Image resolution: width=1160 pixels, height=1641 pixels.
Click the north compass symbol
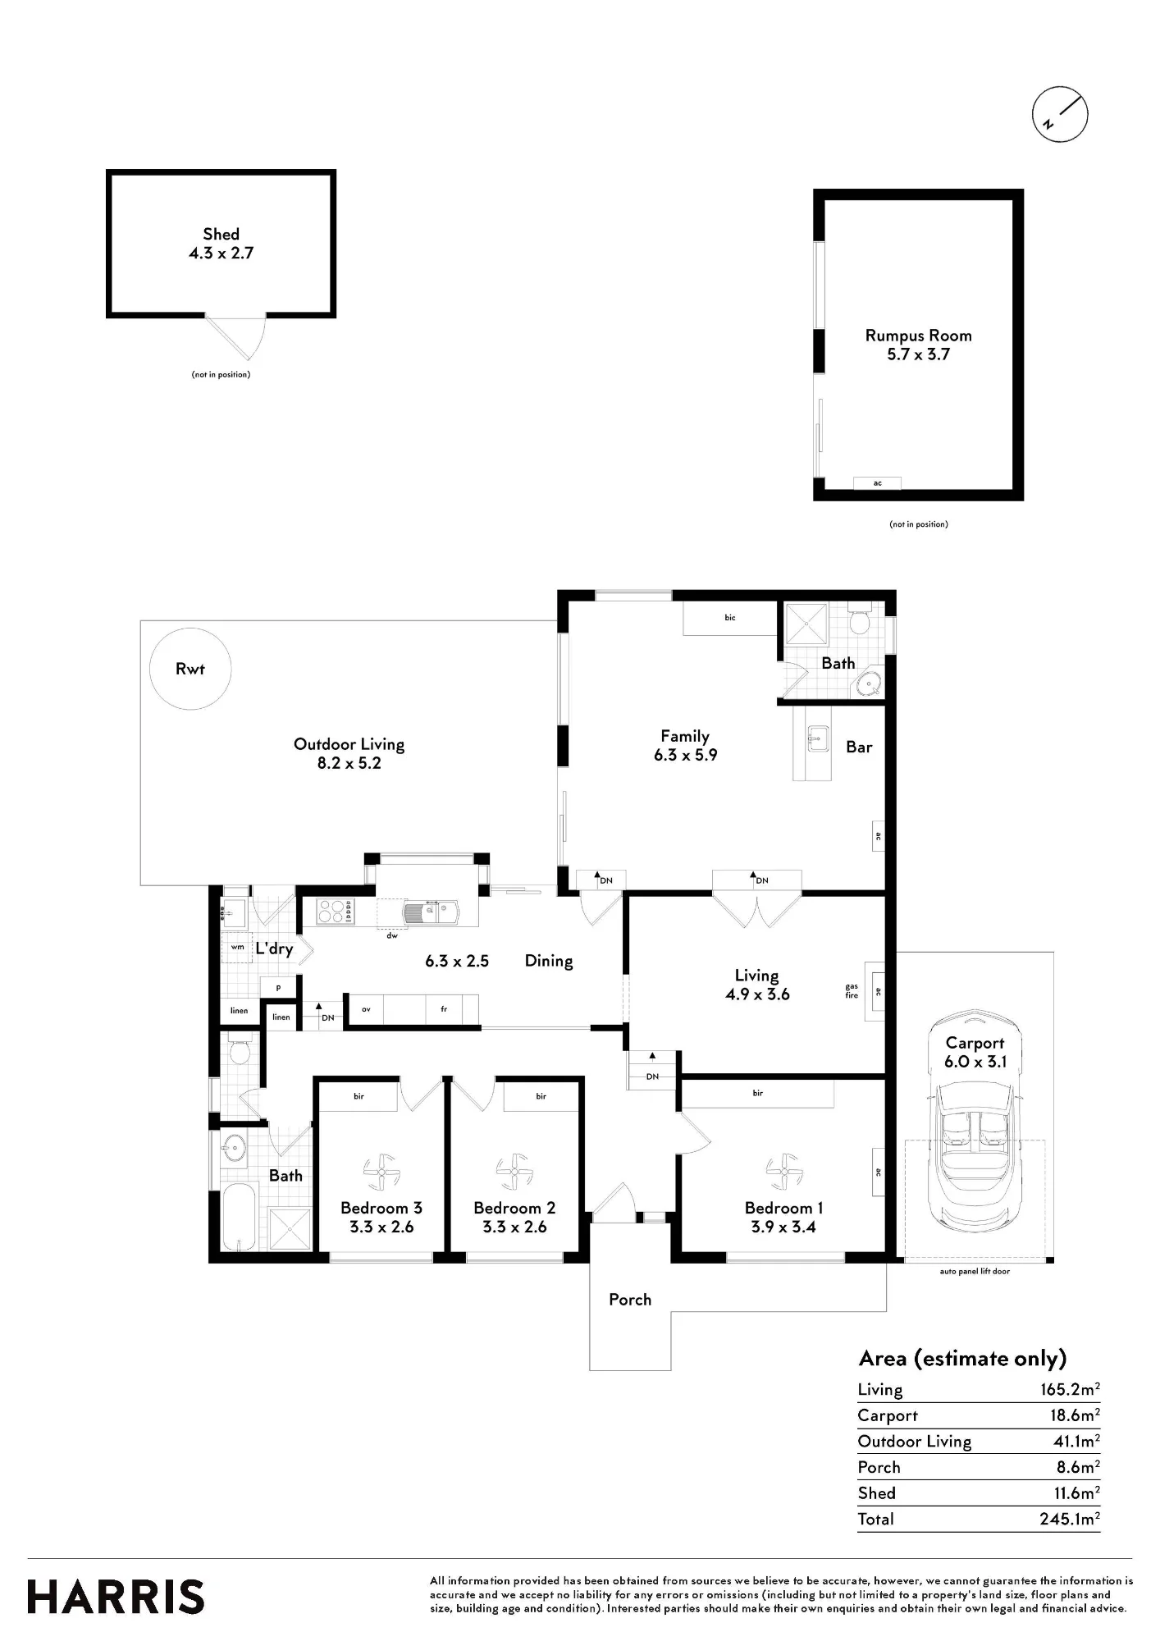click(1060, 114)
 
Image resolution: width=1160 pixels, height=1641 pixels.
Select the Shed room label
click(221, 235)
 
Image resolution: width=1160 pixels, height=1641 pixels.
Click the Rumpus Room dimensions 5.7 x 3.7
click(918, 354)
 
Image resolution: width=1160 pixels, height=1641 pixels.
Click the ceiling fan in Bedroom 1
click(783, 1171)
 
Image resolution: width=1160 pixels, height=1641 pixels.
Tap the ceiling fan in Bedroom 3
click(381, 1172)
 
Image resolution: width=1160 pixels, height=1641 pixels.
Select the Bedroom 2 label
click(514, 1208)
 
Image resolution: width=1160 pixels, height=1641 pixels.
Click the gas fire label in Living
click(852, 991)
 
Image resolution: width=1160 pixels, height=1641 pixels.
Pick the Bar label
click(859, 747)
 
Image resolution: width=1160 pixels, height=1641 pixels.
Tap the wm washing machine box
click(238, 947)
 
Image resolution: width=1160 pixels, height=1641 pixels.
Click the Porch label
click(630, 1300)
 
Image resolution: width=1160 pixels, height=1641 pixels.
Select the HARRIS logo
click(116, 1598)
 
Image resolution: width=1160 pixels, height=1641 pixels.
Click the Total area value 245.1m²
click(1070, 1518)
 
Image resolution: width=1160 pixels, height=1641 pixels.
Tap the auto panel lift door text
click(975, 1272)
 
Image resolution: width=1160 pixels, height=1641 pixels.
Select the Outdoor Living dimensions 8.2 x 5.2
click(349, 763)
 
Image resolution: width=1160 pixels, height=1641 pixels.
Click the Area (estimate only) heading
click(962, 1359)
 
